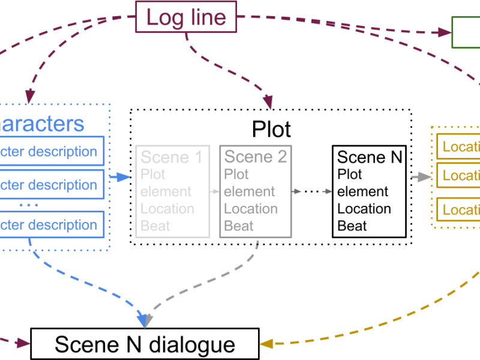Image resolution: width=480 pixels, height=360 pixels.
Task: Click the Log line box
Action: pyautogui.click(x=187, y=17)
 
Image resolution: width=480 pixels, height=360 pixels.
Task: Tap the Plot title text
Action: pyautogui.click(x=271, y=129)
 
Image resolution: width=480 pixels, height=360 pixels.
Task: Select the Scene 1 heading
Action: pyautogui.click(x=172, y=158)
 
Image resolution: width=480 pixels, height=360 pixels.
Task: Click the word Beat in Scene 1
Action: pyautogui.click(x=155, y=226)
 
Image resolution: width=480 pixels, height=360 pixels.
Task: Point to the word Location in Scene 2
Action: pyautogui.click(x=251, y=209)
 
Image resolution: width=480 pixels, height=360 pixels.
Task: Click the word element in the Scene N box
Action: pyautogui.click(x=362, y=192)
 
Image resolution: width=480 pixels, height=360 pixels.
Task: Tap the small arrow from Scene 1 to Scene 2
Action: pyautogui.click(x=215, y=192)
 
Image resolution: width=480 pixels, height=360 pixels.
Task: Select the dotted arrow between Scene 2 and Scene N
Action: pyautogui.click(x=311, y=192)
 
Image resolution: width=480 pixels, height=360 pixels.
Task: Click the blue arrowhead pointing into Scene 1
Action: pyautogui.click(x=126, y=177)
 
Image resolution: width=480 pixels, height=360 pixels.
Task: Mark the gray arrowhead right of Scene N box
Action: pyautogui.click(x=425, y=177)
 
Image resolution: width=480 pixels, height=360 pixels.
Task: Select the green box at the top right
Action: pyautogui.click(x=466, y=32)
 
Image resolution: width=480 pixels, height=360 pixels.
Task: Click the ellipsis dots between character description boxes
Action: pyautogui.click(x=28, y=205)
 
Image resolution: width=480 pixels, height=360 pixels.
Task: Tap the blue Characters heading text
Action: pyautogui.click(x=42, y=124)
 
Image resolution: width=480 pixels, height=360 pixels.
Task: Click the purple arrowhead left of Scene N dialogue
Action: pyautogui.click(x=23, y=344)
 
